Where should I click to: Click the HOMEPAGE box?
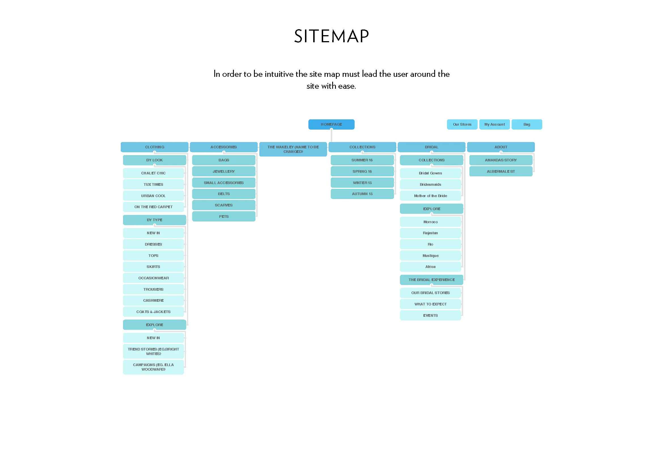coord(331,124)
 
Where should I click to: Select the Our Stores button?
coord(462,124)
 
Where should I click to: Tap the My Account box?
coord(494,124)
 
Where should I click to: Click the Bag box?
coord(527,124)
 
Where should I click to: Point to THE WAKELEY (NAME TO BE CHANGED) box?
coord(293,149)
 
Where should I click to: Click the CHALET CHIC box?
coord(153,173)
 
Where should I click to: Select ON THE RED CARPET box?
coord(153,207)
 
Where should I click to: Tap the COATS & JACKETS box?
coord(153,312)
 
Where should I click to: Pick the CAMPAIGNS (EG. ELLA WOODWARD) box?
coord(153,367)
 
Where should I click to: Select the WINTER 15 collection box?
coord(362,183)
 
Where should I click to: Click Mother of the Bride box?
coord(430,196)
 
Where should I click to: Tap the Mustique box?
coord(430,255)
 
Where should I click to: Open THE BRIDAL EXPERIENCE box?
coord(431,280)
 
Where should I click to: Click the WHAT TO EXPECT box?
coord(430,304)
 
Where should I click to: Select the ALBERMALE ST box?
coord(501,171)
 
